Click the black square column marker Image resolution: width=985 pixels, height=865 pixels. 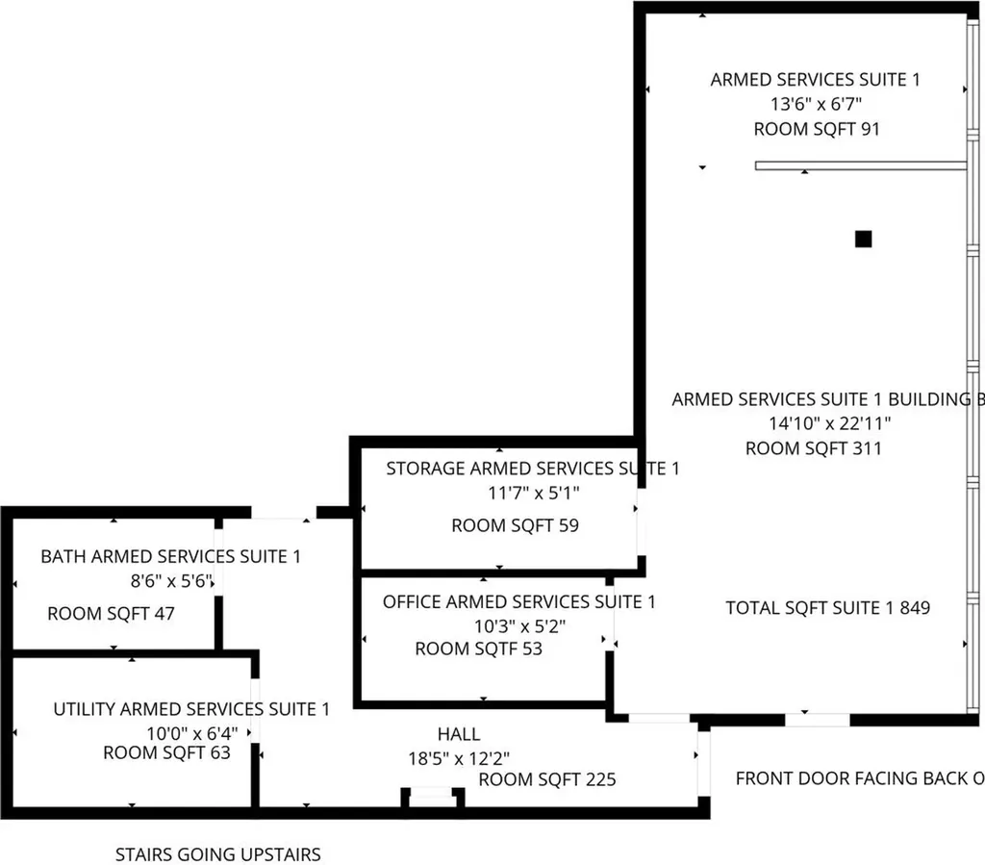[x=863, y=239]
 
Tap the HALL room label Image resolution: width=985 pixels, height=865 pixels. [x=459, y=734]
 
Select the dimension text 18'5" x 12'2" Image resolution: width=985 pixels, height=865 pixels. [x=459, y=758]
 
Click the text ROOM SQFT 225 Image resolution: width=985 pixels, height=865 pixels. [x=547, y=779]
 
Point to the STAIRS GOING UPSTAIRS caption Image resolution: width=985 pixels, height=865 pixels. [x=218, y=854]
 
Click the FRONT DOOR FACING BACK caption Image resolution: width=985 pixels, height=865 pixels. [x=860, y=778]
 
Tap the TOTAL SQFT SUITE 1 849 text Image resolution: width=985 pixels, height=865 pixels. [x=828, y=607]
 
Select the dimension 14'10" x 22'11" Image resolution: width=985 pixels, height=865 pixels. [x=830, y=423]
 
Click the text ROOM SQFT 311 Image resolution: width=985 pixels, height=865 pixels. [x=814, y=448]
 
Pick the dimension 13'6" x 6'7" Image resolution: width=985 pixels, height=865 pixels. [x=816, y=104]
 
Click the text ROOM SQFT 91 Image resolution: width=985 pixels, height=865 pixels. [x=817, y=129]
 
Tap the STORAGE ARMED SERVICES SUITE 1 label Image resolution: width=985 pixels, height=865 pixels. [x=533, y=468]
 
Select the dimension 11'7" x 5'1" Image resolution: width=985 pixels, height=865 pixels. [x=534, y=494]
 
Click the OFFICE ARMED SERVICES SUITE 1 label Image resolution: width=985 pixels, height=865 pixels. [x=518, y=601]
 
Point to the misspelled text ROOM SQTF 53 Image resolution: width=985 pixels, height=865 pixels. [x=479, y=649]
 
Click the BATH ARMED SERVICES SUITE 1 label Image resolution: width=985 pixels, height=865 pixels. [x=171, y=556]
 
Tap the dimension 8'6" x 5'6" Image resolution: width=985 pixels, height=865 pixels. [x=171, y=581]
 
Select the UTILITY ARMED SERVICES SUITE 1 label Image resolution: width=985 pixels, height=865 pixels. [x=191, y=709]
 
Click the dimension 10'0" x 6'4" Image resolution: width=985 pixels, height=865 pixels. [x=192, y=733]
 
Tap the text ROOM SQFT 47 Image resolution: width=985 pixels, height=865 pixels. [x=112, y=613]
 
